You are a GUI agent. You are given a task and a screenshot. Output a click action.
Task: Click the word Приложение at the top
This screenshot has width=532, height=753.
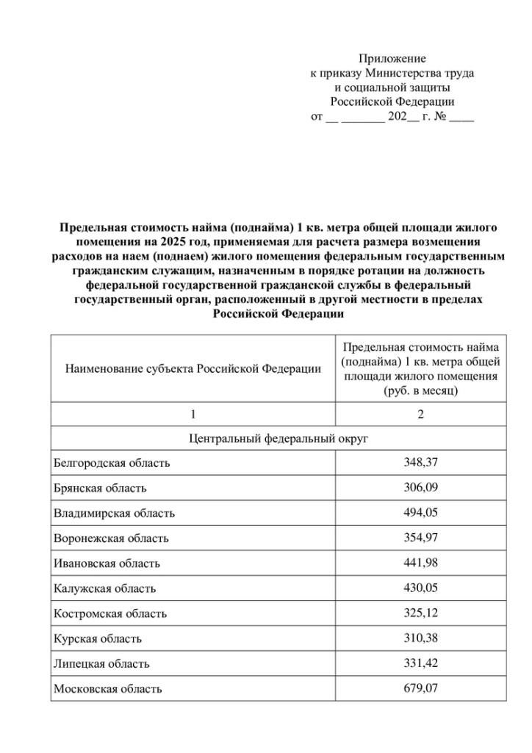392,58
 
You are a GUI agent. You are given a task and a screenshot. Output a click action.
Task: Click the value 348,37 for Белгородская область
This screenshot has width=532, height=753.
420,462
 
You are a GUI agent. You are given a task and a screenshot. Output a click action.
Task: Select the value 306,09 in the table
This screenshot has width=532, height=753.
420,487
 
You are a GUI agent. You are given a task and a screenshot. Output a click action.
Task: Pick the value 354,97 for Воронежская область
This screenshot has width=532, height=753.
420,538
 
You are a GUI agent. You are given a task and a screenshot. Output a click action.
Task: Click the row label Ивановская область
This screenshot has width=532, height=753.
107,563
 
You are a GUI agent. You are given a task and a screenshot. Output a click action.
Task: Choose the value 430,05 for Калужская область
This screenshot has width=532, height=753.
420,588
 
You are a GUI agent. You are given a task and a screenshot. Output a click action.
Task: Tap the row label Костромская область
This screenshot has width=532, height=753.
110,613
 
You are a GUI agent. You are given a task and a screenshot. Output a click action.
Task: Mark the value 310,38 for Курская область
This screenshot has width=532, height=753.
420,638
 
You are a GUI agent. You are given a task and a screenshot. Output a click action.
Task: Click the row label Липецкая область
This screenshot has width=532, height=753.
101,663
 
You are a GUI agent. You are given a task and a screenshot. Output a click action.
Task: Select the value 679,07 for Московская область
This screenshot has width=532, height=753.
420,688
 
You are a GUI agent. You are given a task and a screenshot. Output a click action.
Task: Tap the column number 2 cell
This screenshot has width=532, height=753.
420,414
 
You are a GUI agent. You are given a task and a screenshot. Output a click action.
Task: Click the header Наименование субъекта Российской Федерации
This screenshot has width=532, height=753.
193,368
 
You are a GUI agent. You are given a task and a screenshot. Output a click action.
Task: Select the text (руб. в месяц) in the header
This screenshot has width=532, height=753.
420,391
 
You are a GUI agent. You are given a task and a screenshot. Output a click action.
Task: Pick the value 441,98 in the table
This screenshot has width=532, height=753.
420,563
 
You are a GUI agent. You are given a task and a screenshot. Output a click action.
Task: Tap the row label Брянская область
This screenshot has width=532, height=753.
100,488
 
